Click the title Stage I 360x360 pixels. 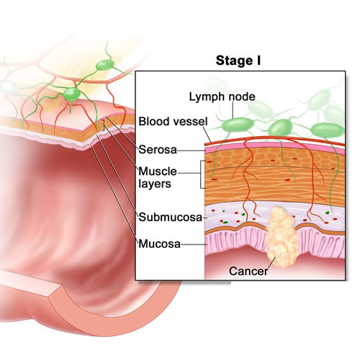[238, 60]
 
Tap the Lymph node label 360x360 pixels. [222, 96]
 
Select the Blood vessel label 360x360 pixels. [173, 122]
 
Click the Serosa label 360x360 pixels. [158, 150]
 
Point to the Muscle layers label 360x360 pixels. [158, 177]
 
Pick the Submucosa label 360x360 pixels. [171, 217]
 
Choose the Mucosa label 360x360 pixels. [160, 244]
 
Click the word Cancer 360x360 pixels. [248, 271]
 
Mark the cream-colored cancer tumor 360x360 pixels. [282, 237]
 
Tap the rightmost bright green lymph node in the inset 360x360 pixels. [328, 130]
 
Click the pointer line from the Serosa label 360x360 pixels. [192, 150]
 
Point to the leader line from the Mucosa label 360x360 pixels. [194, 245]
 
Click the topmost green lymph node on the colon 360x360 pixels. [105, 65]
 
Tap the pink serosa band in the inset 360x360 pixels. [274, 146]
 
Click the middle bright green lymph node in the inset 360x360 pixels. [280, 128]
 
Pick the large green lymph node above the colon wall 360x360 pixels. [71, 94]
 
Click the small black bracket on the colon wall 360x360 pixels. [104, 125]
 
